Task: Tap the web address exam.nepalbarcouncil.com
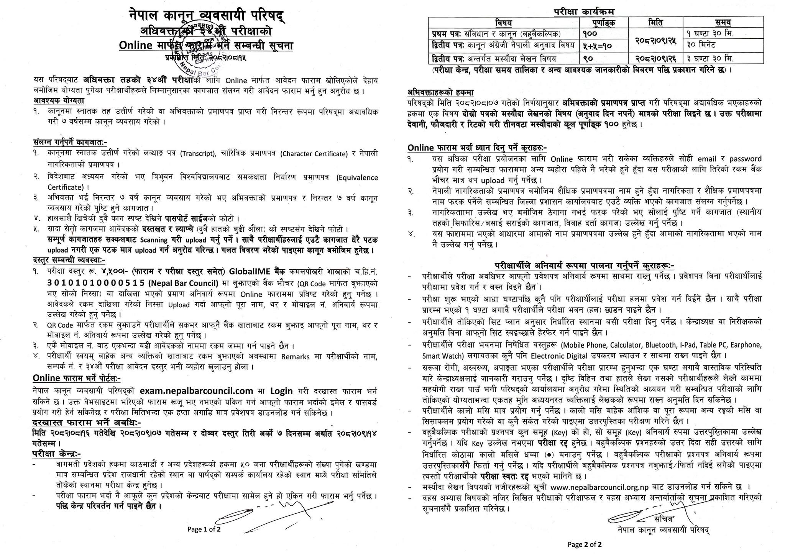click(x=196, y=391)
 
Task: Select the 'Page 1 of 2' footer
click(x=204, y=529)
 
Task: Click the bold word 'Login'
click(x=282, y=391)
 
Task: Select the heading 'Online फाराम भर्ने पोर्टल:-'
click(x=77, y=378)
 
